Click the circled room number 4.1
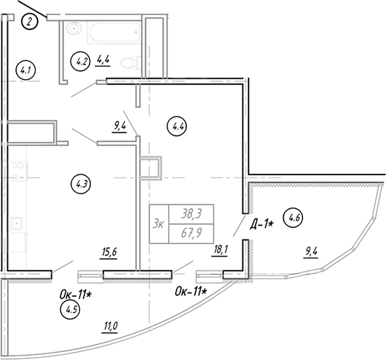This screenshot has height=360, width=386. coord(26,70)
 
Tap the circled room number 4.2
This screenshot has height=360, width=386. coord(80,61)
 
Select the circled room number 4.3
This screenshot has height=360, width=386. coord(81,184)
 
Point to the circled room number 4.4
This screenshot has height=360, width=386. coord(177,126)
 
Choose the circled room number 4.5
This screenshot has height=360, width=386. coord(70,309)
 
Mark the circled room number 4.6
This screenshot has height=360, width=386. coord(293,217)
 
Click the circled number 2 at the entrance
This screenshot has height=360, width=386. coord(30,22)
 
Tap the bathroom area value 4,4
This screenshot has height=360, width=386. coord(103,60)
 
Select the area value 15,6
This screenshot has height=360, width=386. coord(108,252)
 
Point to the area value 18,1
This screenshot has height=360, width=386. coord(219,250)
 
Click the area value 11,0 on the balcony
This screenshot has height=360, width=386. coord(110,326)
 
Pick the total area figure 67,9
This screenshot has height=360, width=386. coord(191,234)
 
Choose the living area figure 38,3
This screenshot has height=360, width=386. coord(192,214)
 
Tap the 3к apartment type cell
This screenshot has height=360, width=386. coord(159,224)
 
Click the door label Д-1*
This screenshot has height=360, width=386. coord(262,224)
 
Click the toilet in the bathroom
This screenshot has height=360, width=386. coord(130,63)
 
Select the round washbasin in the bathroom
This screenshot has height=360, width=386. coord(74,28)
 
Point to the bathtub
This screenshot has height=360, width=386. coord(113,33)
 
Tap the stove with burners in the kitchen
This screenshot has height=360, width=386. coord(18,171)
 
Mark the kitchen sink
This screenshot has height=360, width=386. coord(16,223)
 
